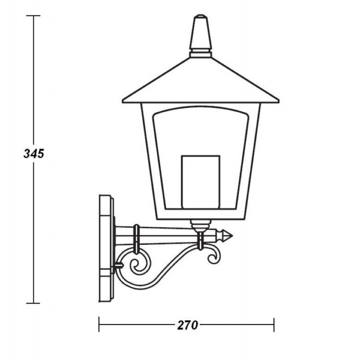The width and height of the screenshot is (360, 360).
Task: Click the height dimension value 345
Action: pos(33,153)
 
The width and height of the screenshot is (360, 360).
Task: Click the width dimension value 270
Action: pos(187,325)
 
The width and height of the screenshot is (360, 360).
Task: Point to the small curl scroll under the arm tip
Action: pos(213,255)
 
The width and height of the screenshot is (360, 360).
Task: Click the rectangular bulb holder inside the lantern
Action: pos(200,182)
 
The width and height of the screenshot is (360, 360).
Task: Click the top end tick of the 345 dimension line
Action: pos(33,16)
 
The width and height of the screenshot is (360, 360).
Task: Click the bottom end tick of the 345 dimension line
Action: pos(33,303)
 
